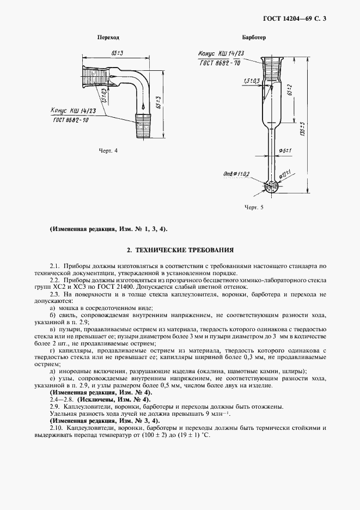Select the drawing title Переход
click(x=108, y=38)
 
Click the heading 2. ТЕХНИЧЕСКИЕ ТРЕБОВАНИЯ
click(x=180, y=251)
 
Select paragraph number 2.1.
click(x=54, y=265)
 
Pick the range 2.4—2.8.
click(x=60, y=400)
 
